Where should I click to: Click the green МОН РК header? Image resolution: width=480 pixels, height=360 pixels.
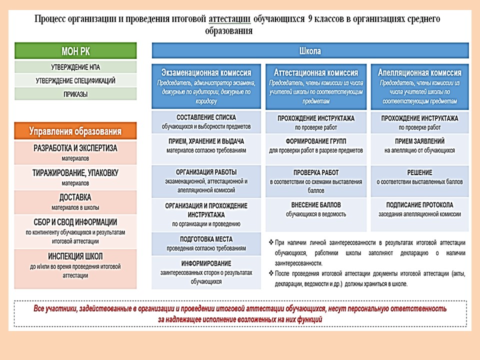tap(75, 51)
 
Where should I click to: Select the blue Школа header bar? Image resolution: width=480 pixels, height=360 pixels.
tap(310, 51)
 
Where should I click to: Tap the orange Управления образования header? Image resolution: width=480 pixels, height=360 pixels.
tap(75, 131)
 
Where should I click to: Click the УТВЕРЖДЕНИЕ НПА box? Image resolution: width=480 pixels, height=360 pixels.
tap(75, 67)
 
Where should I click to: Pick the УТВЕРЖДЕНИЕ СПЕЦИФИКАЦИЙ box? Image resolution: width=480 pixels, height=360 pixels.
tap(75, 80)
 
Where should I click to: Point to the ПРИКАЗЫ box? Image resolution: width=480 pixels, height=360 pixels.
tap(75, 94)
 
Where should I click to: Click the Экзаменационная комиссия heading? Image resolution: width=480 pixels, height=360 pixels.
tap(206, 73)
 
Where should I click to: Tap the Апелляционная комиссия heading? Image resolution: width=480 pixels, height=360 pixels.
tap(420, 73)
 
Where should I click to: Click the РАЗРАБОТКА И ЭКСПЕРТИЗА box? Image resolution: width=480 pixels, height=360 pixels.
tap(75, 148)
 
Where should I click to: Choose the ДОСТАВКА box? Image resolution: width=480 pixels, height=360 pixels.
tap(75, 197)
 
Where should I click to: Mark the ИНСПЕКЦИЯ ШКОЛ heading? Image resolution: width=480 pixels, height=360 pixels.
tap(75, 256)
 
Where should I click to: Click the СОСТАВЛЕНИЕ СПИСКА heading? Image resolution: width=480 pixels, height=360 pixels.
tap(206, 117)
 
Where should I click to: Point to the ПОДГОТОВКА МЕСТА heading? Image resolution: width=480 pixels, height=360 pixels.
tap(206, 239)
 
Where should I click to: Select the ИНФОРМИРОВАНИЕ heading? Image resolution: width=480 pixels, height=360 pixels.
tap(206, 263)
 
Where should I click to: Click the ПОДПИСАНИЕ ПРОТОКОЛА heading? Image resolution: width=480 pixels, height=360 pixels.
tap(420, 205)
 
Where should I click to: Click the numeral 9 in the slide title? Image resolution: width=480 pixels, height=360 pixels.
tap(311, 19)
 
